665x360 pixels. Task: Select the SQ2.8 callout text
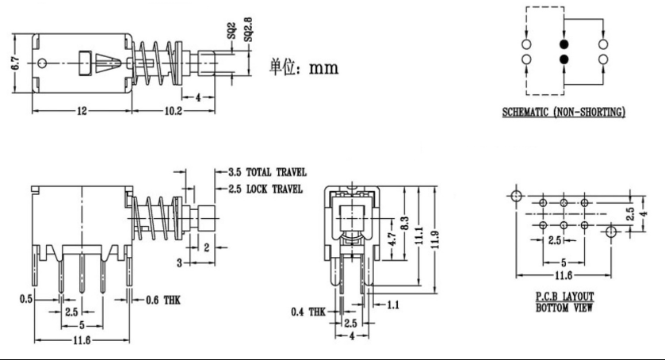pyautogui.click(x=247, y=29)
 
